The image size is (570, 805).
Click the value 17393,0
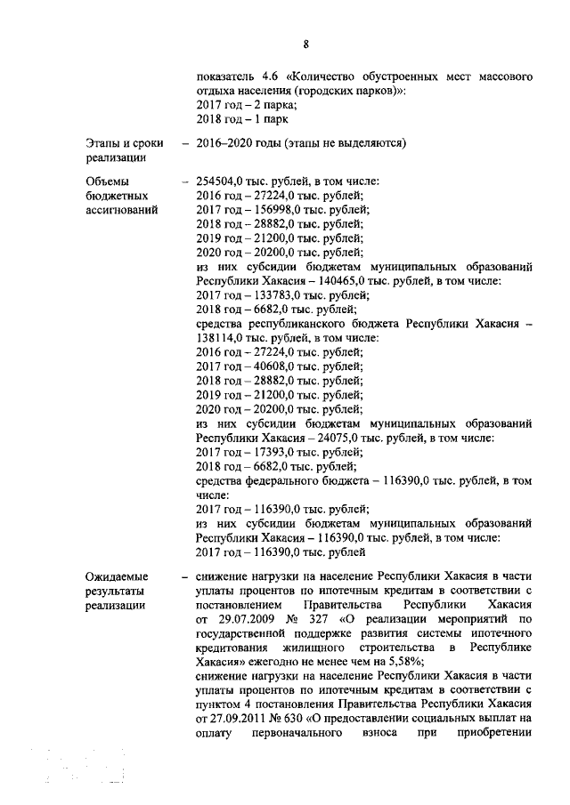(265, 452)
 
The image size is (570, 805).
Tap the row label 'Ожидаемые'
(118, 576)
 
